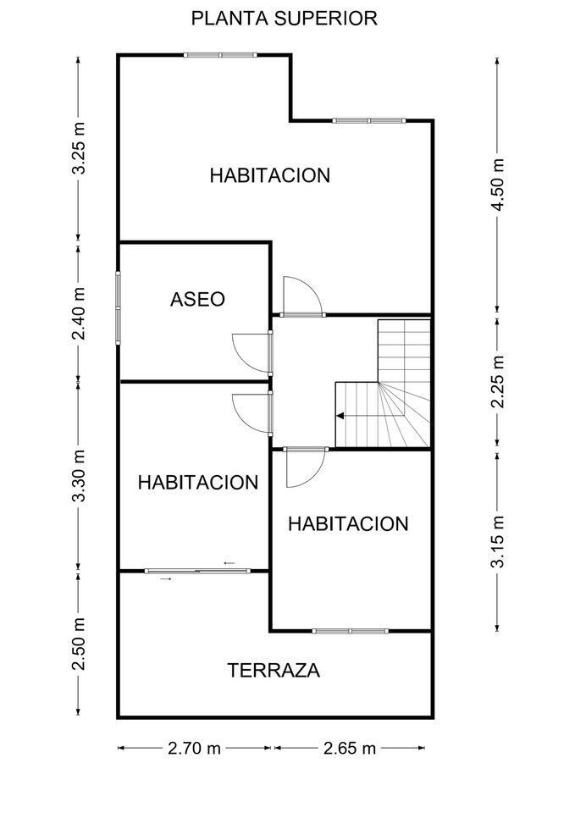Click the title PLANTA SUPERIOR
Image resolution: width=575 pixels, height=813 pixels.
point(285,18)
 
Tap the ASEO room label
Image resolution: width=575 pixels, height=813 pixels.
point(197,299)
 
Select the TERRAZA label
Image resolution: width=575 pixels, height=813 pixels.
point(274,671)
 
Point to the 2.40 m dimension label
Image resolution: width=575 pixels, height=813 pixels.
point(78,312)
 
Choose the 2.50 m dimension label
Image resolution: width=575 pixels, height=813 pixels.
point(78,644)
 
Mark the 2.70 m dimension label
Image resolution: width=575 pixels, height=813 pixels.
point(194,749)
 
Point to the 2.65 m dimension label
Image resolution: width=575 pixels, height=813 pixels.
point(349,749)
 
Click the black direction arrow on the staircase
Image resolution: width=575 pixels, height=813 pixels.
point(340,416)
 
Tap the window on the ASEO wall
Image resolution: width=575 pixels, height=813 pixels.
point(118,307)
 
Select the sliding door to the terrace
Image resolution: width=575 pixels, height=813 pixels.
point(197,571)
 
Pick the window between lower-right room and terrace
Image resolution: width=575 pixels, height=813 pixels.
point(350,631)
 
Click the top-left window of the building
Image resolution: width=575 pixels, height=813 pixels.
point(220,55)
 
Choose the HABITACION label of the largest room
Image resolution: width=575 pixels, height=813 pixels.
point(270,176)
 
